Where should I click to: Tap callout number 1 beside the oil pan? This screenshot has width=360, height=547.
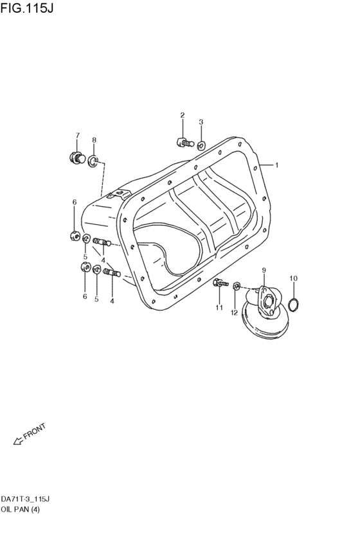point(276,165)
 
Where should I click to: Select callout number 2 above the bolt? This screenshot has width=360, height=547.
point(182,115)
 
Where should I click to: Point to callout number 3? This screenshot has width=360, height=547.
point(201,121)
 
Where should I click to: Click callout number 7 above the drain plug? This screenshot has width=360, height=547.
point(78,135)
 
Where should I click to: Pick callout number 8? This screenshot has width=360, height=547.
point(94,139)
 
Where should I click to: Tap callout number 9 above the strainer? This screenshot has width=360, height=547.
point(263,271)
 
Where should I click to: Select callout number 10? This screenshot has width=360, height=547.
point(293,278)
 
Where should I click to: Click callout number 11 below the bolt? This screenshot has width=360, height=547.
point(219,308)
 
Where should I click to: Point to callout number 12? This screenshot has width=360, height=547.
point(235,312)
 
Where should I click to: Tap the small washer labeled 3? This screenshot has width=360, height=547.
point(201,145)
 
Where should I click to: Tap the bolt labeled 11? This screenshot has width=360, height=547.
point(219,282)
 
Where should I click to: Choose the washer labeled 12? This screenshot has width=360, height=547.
point(237,285)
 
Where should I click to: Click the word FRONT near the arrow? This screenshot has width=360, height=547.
point(34,433)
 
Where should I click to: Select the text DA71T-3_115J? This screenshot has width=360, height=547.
point(26,499)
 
